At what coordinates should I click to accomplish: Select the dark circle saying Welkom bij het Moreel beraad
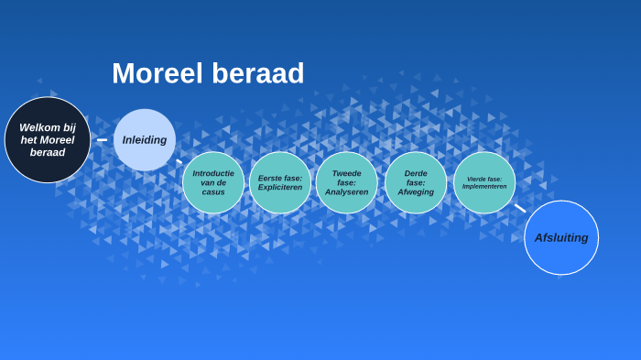(x=48, y=140)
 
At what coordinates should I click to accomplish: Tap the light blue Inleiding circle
(x=145, y=140)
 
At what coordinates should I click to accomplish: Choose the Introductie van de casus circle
(x=213, y=182)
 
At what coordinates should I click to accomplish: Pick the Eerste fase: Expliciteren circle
(x=280, y=182)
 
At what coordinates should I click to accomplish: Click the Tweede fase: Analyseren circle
(x=347, y=182)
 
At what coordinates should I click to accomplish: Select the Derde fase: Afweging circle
(x=416, y=182)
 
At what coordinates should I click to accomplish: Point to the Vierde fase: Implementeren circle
(x=484, y=182)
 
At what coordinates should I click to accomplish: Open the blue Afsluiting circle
(x=561, y=237)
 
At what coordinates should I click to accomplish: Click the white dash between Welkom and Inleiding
(x=102, y=140)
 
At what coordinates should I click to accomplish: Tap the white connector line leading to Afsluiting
(x=520, y=208)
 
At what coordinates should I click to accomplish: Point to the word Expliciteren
(x=280, y=188)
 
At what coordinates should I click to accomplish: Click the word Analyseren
(x=347, y=192)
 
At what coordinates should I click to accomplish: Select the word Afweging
(x=416, y=192)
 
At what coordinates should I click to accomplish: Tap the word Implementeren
(x=484, y=186)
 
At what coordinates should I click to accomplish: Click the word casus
(x=213, y=192)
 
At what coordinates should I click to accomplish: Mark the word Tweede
(x=347, y=172)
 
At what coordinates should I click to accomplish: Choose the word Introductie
(x=213, y=172)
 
